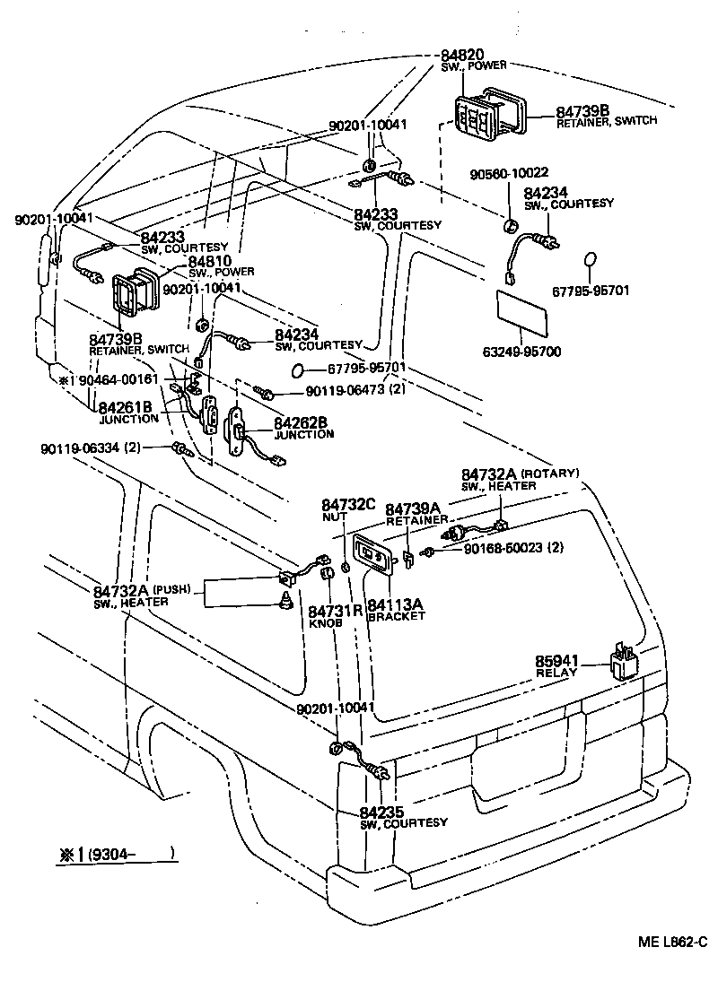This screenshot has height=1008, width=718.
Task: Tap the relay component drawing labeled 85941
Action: point(625,663)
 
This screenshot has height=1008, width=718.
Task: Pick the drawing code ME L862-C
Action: point(673,942)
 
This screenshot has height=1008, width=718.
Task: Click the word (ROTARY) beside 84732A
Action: point(549,473)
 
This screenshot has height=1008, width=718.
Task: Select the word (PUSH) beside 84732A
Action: point(172,589)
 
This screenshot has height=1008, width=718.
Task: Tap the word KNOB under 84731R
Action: point(323,622)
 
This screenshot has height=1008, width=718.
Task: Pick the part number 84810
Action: point(209,261)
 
